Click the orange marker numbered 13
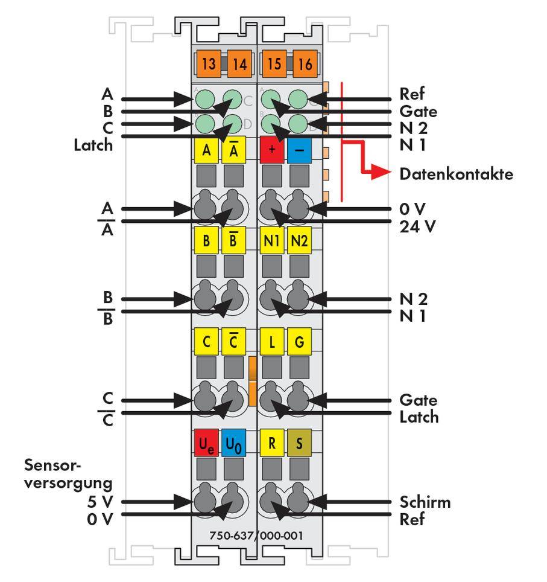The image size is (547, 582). pyautogui.click(x=208, y=64)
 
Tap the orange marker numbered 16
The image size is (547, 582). pyautogui.click(x=305, y=64)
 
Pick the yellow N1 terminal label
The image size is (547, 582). pyautogui.click(x=271, y=241)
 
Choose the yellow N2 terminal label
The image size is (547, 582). pyautogui.click(x=299, y=241)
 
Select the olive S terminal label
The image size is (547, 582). pyautogui.click(x=299, y=445)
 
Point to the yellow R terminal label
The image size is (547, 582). pyautogui.click(x=271, y=445)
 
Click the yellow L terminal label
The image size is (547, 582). pyautogui.click(x=271, y=342)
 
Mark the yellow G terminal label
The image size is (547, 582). pyautogui.click(x=299, y=342)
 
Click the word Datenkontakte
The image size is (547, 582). pyautogui.click(x=456, y=174)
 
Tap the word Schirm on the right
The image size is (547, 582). pyautogui.click(x=425, y=502)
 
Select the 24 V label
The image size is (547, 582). pyautogui.click(x=417, y=227)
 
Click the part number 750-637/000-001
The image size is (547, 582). pyautogui.click(x=256, y=536)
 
